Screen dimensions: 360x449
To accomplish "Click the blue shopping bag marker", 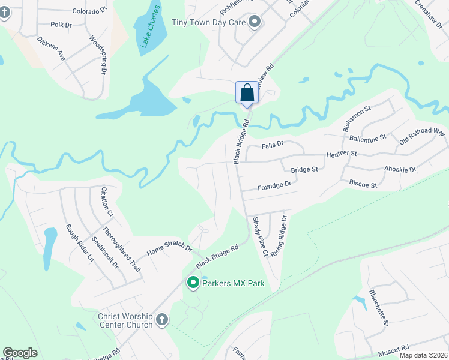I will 247,93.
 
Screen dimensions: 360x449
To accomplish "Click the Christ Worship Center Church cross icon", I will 161,320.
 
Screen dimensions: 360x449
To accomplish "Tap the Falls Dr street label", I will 272,145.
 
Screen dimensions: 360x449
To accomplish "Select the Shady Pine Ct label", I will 260,237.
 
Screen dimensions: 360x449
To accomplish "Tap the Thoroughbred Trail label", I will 121,249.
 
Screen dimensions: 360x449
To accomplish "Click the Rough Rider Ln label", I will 80,244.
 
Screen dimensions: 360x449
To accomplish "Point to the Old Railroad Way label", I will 422,136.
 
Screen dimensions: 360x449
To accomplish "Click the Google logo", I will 20,353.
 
